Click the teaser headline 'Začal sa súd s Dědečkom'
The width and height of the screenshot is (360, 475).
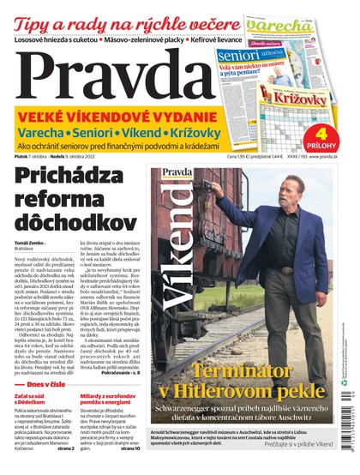(x=38, y=378)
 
